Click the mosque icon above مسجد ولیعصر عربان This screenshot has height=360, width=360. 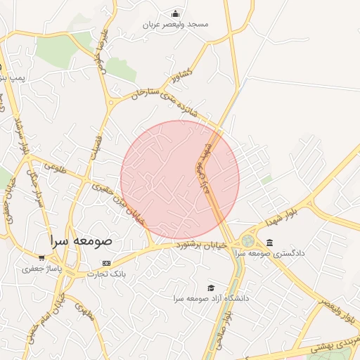[175, 13]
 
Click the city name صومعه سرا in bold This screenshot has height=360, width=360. [81, 240]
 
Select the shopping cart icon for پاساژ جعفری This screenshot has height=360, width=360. [41, 258]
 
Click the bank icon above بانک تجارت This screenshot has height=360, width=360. [106, 263]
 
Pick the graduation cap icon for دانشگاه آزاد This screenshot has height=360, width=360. [210, 288]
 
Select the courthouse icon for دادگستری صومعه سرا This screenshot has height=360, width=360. [270, 243]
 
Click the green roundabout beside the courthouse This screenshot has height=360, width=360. [248, 241]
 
